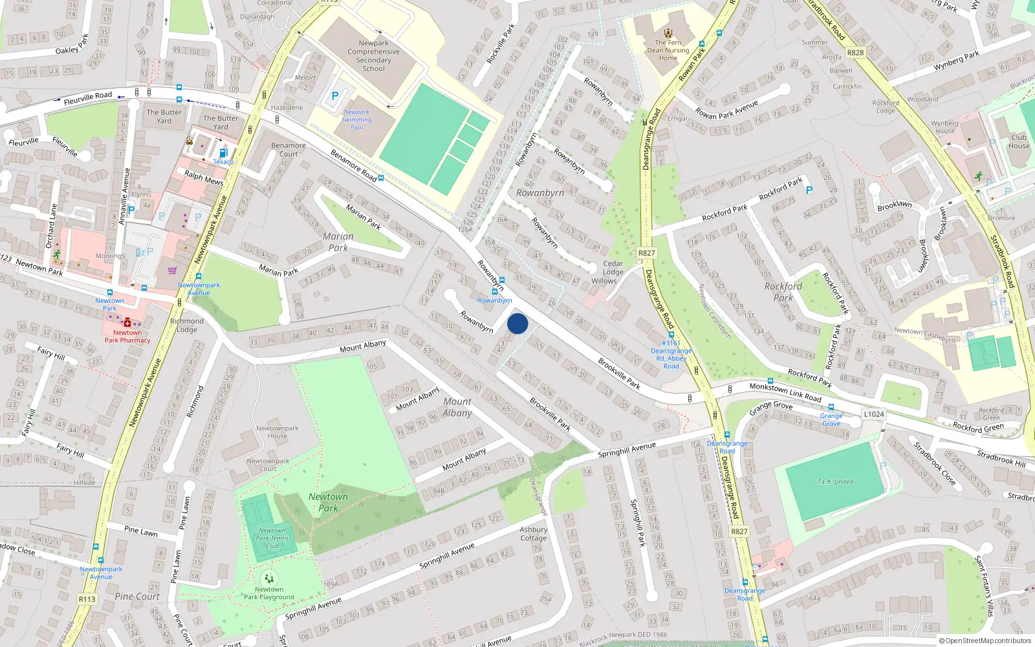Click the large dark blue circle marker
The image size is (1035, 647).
[x=517, y=323]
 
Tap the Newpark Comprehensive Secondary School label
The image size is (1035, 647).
[x=373, y=56]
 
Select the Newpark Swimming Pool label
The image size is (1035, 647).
[x=356, y=120]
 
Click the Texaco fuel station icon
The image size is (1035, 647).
[x=223, y=153]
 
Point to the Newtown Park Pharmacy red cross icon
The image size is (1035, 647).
[x=127, y=322]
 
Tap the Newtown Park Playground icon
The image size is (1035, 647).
[x=269, y=578]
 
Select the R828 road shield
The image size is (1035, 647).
[x=855, y=52]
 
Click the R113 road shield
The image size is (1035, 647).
[x=87, y=599]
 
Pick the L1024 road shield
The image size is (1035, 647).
[x=873, y=414]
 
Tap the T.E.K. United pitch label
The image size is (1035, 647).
[x=835, y=482]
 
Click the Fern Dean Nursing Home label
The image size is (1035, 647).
[x=668, y=50]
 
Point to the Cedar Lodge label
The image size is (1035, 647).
[x=613, y=268]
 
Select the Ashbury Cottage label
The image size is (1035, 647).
[x=534, y=534]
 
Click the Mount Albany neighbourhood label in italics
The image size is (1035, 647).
[x=457, y=408]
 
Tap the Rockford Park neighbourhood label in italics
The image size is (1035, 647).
[x=783, y=292]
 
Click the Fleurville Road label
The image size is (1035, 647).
[x=88, y=98]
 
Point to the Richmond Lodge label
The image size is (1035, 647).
[x=186, y=325]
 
